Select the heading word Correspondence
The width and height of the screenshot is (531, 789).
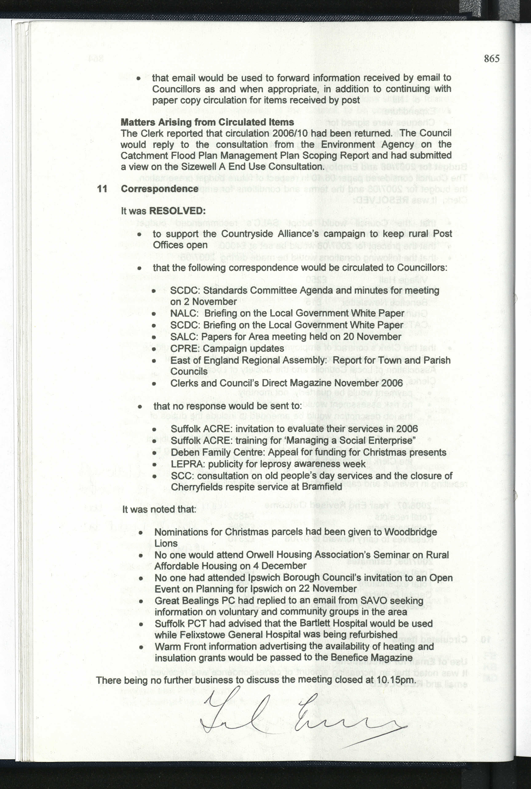click(x=159, y=189)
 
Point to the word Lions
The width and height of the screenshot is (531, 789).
click(x=166, y=543)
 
